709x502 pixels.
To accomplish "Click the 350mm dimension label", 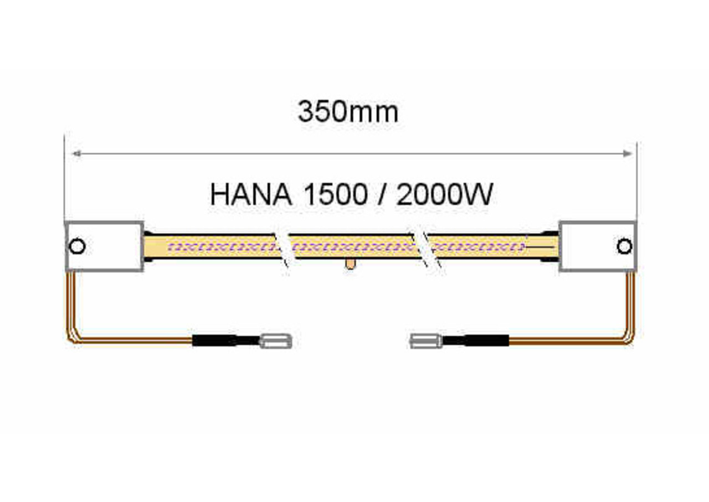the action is pos(348,112).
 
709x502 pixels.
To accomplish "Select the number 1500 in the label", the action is pos(335,195).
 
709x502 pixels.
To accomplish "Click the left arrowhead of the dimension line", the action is pos(75,153).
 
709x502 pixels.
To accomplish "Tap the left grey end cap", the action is pos(105,246).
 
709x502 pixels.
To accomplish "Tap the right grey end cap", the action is pos(598,246).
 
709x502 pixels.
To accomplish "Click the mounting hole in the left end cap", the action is pos(78,246).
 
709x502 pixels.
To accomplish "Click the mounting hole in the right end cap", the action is pos(624,246).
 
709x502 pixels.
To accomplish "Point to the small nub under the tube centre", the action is pos(350,264).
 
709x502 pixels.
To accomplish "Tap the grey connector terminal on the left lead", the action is pos(276,340).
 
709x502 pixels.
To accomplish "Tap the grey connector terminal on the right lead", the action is pos(426,340).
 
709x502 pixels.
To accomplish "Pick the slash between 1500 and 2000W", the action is pos(382,195).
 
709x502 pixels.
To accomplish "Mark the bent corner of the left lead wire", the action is pos(73,337).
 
